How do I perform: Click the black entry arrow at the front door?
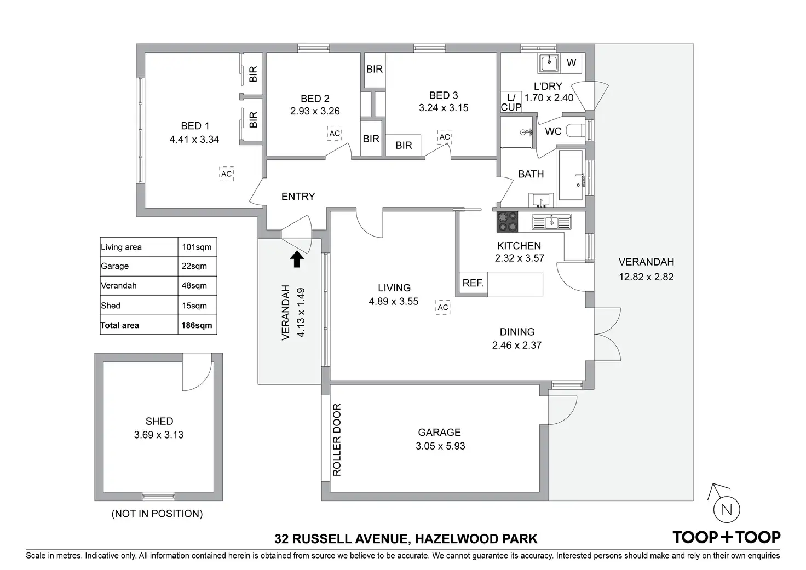coord(297,259)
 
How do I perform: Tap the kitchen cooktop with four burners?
coord(507,222)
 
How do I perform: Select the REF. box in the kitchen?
coord(473,283)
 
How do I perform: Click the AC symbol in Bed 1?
coord(226,174)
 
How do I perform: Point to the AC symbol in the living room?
coord(443,307)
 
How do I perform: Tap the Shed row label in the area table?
coord(111,306)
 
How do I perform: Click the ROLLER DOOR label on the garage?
coord(337,440)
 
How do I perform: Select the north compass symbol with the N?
coord(726,509)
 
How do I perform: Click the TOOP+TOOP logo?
coord(726,537)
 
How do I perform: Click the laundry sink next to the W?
coord(549,63)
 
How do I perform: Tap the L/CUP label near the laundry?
coord(511,103)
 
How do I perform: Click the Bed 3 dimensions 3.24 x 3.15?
coord(444,108)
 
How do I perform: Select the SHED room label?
coord(159,421)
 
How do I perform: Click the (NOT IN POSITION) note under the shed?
coord(157,514)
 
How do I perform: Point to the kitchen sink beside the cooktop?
coord(551,222)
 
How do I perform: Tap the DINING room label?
coord(517,332)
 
